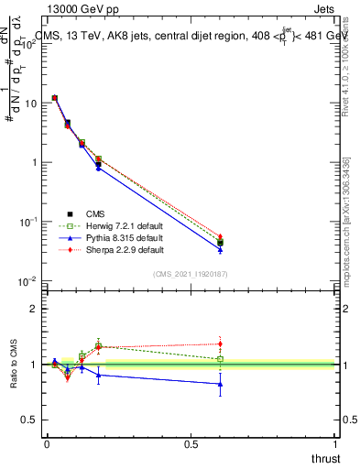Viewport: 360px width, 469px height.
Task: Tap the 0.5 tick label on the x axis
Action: tap(191, 443)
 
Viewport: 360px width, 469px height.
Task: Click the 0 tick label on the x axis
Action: tap(47, 443)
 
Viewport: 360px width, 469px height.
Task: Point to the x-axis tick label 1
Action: tap(334, 443)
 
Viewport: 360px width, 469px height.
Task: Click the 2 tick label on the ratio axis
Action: tap(34, 309)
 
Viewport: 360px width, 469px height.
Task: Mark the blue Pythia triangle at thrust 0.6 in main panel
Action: tap(220, 249)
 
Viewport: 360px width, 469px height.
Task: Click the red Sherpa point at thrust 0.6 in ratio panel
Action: tap(220, 344)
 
